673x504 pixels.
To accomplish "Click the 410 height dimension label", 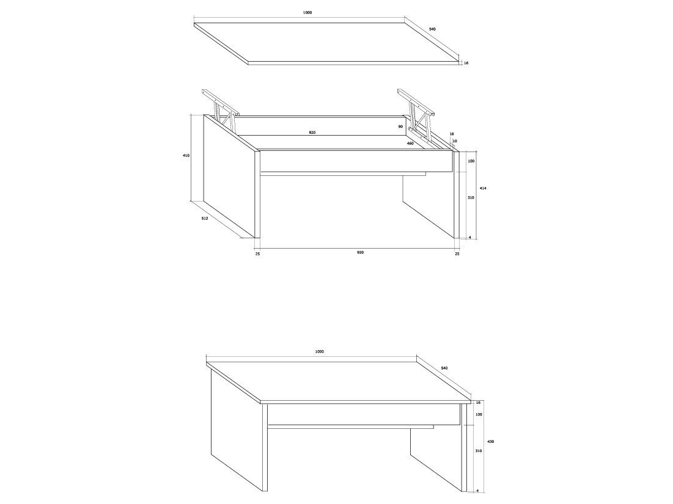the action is click(186, 156).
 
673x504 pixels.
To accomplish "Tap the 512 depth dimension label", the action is click(205, 218).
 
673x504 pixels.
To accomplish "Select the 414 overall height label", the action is click(483, 188).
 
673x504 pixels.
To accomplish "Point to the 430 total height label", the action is click(491, 441).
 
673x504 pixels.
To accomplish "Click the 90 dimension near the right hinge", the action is click(400, 126).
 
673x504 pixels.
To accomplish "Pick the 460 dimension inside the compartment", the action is click(410, 144).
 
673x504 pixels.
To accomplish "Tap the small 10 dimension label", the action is click(455, 141).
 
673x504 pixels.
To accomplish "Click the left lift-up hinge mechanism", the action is click(220, 109).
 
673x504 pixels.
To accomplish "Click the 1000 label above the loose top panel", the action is click(307, 12).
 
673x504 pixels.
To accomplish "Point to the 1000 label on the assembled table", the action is click(319, 351).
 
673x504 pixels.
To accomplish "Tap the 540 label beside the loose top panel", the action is click(432, 29).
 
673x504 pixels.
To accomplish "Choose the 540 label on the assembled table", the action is click(444, 368).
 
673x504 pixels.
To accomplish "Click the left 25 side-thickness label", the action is click(257, 254).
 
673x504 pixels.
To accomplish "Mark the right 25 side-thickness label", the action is click(457, 254).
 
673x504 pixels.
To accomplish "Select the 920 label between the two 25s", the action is click(360, 252).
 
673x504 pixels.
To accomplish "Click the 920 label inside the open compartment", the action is click(312, 133).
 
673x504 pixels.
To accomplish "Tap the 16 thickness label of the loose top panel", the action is click(466, 63).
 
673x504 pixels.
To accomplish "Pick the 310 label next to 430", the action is click(479, 451).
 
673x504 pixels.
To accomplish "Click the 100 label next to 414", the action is click(471, 161).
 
